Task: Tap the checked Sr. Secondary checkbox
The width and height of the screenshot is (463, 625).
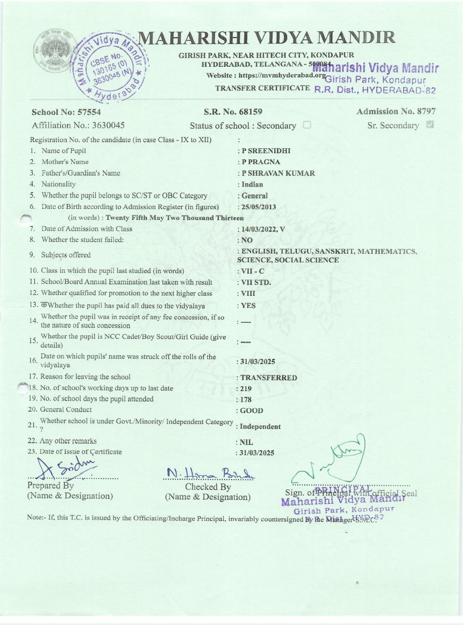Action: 430,125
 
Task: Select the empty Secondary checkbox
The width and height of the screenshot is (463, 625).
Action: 307,125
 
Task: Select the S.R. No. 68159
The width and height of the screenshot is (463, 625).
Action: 233,112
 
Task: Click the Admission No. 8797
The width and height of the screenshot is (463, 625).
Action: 396,111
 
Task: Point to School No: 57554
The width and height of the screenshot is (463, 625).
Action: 66,112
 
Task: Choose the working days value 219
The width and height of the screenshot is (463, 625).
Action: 245,389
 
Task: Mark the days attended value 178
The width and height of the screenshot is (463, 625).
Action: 245,400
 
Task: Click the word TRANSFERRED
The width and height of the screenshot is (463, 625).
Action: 269,378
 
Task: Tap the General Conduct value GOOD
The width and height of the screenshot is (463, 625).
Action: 251,411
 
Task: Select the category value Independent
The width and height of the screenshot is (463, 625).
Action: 260,427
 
